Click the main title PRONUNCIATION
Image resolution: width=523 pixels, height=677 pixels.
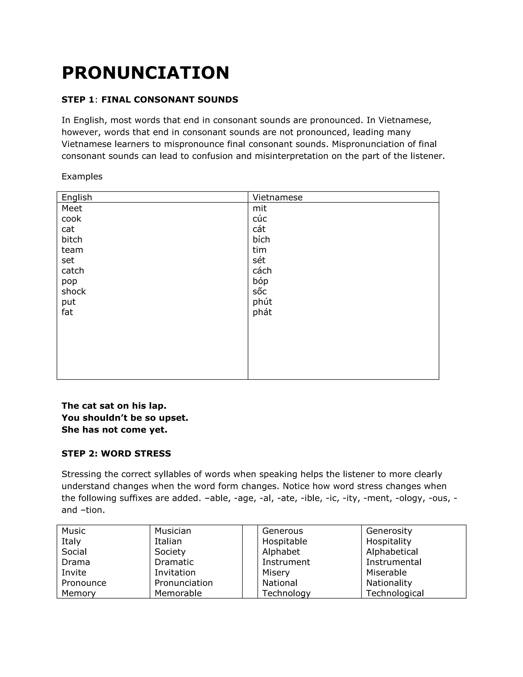[x=145, y=73]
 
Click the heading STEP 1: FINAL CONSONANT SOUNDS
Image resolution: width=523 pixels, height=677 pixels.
[x=150, y=100]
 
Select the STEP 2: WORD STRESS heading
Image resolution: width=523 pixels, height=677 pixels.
[x=116, y=453]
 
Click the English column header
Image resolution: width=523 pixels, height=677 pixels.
[x=77, y=197]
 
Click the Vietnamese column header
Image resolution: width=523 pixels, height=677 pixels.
[x=277, y=197]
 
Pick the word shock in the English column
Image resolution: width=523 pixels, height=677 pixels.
[x=74, y=291]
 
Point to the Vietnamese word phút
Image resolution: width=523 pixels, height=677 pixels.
[x=262, y=302]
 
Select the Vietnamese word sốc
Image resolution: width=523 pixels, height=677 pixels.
[x=259, y=291]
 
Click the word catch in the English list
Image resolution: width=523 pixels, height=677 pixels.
[x=73, y=271]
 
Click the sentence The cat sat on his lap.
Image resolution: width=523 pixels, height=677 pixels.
[x=114, y=406]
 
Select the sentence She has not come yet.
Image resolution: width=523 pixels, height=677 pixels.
[x=114, y=430]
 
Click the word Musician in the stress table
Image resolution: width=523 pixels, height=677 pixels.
[x=173, y=531]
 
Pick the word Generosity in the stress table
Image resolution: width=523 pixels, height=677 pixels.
[x=389, y=531]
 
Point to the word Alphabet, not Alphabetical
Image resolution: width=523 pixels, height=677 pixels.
[x=281, y=552]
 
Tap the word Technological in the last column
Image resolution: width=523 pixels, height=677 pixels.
[x=395, y=593]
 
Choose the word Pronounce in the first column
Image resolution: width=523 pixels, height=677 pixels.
[x=84, y=583]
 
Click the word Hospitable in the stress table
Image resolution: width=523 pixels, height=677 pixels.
[x=284, y=541]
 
